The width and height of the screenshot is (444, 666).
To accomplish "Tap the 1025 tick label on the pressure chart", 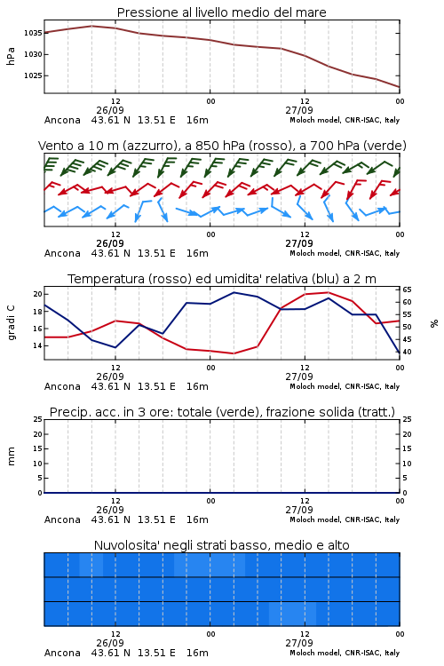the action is coord(32,75).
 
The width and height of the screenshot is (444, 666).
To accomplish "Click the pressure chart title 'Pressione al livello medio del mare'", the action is coord(222,12).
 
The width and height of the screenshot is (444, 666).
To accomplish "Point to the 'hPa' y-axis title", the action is coord(11,56).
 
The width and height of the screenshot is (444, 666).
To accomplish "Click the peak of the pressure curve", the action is coord(91,26).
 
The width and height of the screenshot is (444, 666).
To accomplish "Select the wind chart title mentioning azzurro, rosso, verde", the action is coord(222,146).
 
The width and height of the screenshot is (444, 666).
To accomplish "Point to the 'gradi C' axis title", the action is coord(11,322).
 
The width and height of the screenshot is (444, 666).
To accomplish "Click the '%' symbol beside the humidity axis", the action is coord(434,323).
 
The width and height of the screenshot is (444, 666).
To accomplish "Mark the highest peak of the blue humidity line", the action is coord(234,292).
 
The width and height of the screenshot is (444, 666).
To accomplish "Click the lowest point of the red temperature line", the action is coord(234,353).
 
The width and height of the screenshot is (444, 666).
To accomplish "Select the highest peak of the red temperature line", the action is coord(328,292).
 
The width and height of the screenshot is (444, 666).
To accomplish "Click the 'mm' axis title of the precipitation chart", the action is coord(11,456).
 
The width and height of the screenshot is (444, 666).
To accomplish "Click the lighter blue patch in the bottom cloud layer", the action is coord(292,614).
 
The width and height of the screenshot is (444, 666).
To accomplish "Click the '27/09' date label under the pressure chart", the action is coord(299,110).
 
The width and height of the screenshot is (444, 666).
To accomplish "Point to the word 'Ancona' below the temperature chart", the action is coord(62,386).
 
